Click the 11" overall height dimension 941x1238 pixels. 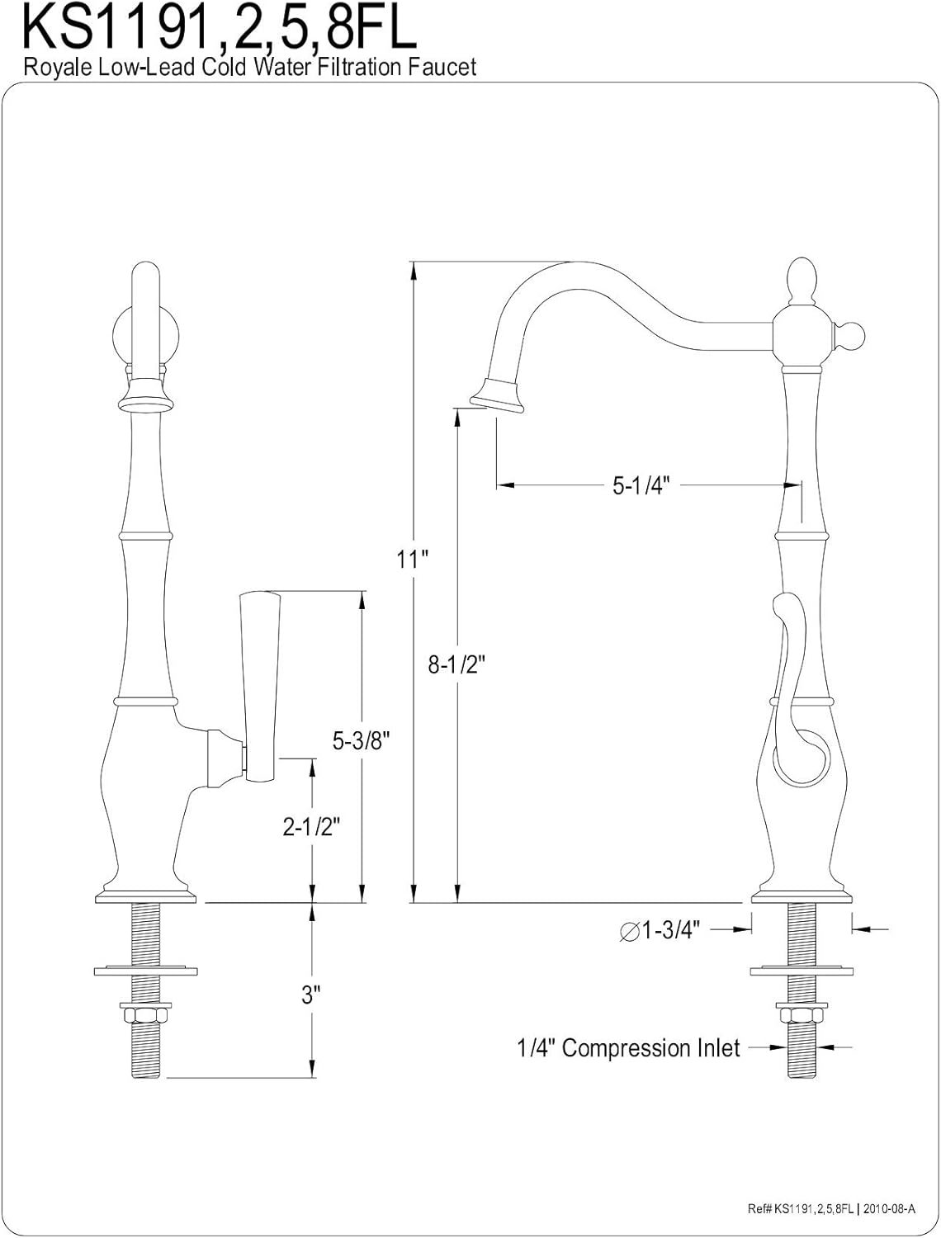pos(412,560)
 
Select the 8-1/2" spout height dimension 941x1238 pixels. pos(456,664)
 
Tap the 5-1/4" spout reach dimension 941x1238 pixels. pos(641,484)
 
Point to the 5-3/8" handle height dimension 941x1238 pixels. pos(361,740)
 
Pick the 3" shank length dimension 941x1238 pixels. pos(310,995)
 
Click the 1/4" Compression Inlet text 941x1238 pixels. pos(628,1047)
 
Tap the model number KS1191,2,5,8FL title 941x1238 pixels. pos(219,27)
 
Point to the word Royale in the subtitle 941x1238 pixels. pos(58,68)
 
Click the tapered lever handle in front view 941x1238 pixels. pos(260,686)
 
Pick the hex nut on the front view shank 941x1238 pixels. pos(145,1014)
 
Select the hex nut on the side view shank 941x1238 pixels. pos(802,1014)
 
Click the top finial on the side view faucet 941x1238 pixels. pos(802,282)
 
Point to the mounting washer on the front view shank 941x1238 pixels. pos(145,971)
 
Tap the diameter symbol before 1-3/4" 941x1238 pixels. pos(629,931)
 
